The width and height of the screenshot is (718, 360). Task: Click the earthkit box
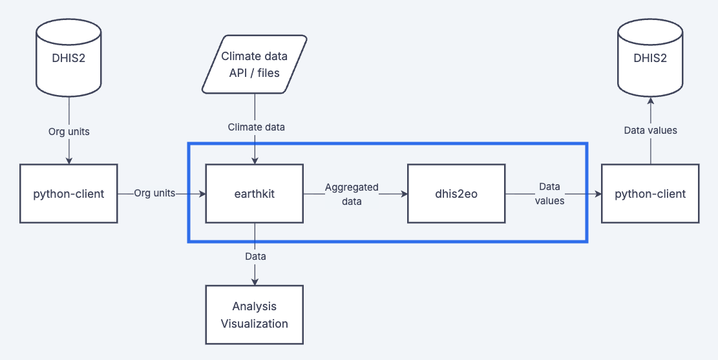point(254,193)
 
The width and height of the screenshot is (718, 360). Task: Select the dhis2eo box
point(456,193)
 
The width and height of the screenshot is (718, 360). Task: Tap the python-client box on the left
point(69,193)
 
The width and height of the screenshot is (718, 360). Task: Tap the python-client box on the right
point(650,193)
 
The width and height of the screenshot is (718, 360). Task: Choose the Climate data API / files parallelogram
point(254,65)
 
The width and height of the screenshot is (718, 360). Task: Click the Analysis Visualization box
point(254,315)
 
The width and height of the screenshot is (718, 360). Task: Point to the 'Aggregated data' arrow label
point(352,194)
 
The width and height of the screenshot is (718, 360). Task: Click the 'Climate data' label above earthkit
point(256,127)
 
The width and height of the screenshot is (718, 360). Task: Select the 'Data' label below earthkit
point(255,257)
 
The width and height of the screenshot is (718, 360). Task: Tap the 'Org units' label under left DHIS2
point(69,131)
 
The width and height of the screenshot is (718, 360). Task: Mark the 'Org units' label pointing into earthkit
point(154,193)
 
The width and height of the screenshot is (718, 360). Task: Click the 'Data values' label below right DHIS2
point(650,131)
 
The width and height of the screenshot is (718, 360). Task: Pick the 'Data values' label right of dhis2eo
point(551,194)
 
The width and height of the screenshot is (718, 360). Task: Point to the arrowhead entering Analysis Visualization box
point(255,281)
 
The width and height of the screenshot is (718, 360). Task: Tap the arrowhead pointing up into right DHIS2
point(650,101)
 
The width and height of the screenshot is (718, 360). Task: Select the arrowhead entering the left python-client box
point(69,160)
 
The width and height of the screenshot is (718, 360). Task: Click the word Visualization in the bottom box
point(254,323)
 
